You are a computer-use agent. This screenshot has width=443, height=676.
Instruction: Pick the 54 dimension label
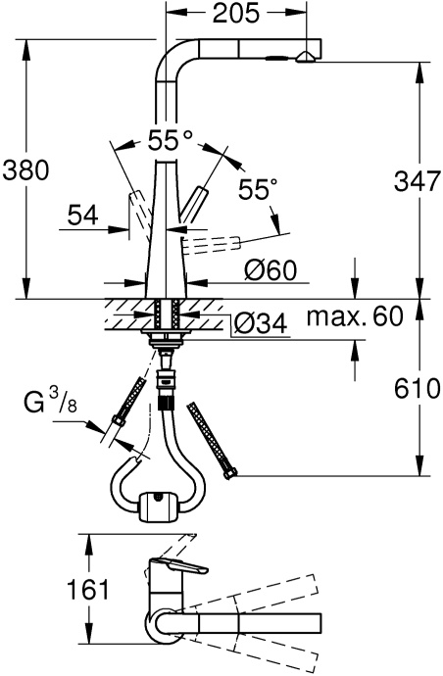[84, 214]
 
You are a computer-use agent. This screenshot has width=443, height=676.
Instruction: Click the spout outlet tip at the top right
[308, 56]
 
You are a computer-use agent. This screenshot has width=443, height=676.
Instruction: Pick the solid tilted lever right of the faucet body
[200, 201]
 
